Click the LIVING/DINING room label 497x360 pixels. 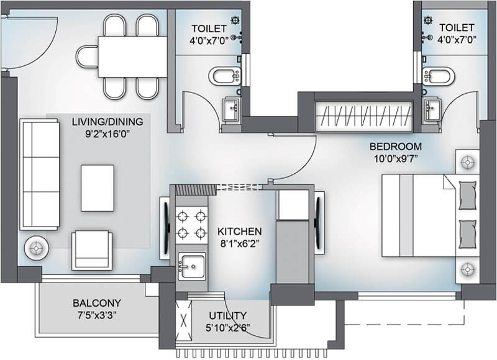click(x=107, y=120)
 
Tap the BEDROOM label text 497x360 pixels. click(x=395, y=147)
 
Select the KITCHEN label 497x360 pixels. click(x=239, y=230)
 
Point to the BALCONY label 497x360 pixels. click(x=97, y=303)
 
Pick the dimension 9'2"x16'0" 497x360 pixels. click(x=107, y=133)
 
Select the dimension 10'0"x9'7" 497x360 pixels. click(x=395, y=160)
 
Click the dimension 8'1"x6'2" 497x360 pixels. click(x=239, y=243)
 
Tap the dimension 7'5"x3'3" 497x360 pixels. click(x=97, y=315)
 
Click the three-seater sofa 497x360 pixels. click(x=40, y=174)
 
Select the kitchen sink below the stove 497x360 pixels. click(x=192, y=266)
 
